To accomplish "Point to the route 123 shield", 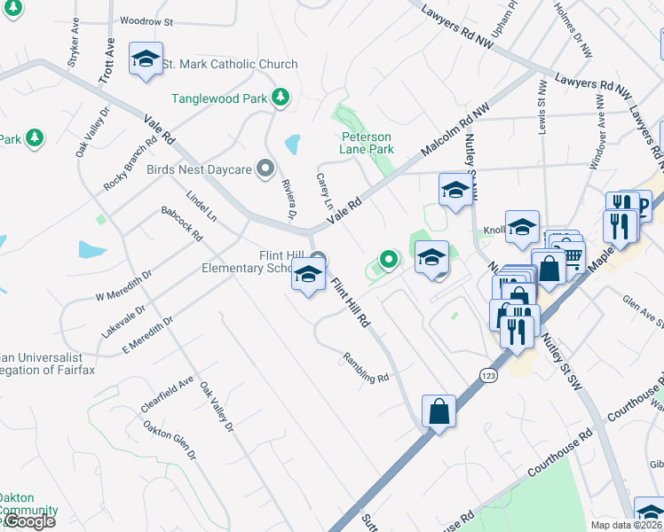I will pyautogui.click(x=487, y=376).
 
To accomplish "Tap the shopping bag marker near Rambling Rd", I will pyautogui.click(x=439, y=411).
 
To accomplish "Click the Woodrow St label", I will pyautogui.click(x=146, y=20).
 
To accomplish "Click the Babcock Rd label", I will pyautogui.click(x=181, y=224).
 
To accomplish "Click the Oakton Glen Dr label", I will pyautogui.click(x=169, y=438).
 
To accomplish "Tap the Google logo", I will pyautogui.click(x=29, y=521).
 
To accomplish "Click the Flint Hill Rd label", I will pyautogui.click(x=350, y=303).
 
